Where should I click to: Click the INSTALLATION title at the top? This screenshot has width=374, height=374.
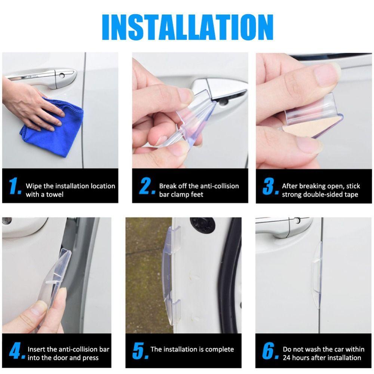(x=187, y=27)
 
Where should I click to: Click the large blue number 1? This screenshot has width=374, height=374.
(x=15, y=186)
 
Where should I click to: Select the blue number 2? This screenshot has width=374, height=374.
(x=146, y=186)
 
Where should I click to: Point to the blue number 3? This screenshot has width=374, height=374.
(x=270, y=186)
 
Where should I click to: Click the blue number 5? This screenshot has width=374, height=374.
(x=140, y=351)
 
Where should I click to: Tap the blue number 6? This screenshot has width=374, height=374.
(x=270, y=351)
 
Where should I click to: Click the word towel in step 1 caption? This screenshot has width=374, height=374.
(x=55, y=194)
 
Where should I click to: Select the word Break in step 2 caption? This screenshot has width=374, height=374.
(x=168, y=186)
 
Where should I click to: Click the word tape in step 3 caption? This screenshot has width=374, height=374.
(x=351, y=194)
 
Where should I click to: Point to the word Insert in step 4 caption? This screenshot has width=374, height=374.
(x=36, y=349)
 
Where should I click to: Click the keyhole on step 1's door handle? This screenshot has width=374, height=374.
(x=62, y=76)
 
